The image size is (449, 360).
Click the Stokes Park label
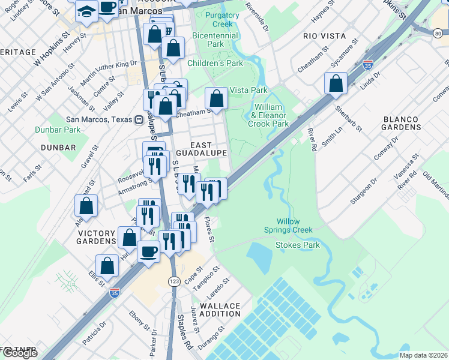297,245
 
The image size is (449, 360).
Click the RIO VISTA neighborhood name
325,36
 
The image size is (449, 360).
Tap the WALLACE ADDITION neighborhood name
220,310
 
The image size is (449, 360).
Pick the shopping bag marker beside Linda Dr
336,83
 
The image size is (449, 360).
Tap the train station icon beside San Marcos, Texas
139,119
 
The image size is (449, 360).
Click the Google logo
20,353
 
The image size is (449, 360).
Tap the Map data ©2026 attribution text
423,355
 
